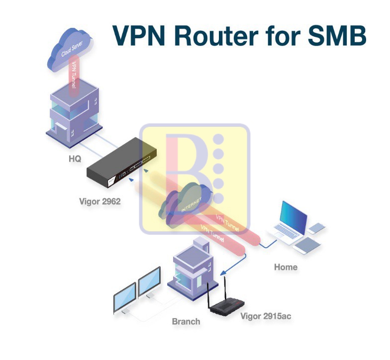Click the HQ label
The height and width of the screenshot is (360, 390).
point(75,160)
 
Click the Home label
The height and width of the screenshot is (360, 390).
point(286,267)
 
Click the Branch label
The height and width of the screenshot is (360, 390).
point(186,321)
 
